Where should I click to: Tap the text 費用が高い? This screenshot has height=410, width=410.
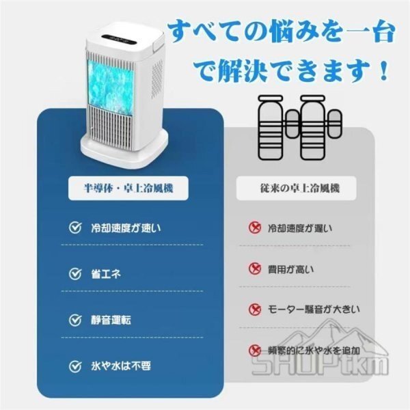pyautogui.click(x=291, y=269)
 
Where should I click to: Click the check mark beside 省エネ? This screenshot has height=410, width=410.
pyautogui.click(x=75, y=273)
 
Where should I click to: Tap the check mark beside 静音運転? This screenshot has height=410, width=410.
pyautogui.click(x=75, y=319)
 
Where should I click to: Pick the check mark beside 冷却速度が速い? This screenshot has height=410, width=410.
pyautogui.click(x=75, y=228)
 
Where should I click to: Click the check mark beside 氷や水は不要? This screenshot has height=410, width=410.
pyautogui.click(x=75, y=366)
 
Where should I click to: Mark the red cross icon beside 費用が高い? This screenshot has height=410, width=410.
pyautogui.click(x=254, y=269)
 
